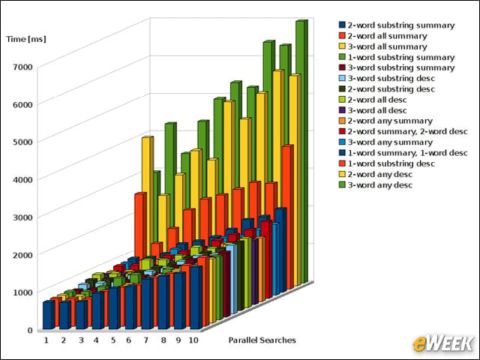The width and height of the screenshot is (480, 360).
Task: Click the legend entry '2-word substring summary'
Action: [x=397, y=25]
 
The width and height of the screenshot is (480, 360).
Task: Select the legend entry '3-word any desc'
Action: [x=376, y=185]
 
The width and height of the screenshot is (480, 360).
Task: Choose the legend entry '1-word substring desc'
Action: [x=387, y=163]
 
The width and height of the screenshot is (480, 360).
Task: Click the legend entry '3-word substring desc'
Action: [x=387, y=78]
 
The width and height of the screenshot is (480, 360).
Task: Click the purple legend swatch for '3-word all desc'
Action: [x=342, y=110]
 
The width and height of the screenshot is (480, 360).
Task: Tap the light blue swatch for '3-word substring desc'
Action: [x=342, y=78]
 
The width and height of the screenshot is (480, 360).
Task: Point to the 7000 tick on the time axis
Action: [x=23, y=67]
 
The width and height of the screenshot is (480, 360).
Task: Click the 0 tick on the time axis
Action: [x=30, y=330]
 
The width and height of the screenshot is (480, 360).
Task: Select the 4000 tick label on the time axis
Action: [x=23, y=179]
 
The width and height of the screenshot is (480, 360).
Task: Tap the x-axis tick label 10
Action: [x=193, y=340]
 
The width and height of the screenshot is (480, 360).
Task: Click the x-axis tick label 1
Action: [x=46, y=340]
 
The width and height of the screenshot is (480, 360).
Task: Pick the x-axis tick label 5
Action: [x=113, y=340]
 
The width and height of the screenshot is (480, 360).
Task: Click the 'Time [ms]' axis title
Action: [x=26, y=39]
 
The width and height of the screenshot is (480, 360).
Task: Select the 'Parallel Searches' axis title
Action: [x=262, y=340]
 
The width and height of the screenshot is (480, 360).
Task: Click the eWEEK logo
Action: [x=442, y=343]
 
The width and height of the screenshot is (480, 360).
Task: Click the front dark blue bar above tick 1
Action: [x=49, y=315]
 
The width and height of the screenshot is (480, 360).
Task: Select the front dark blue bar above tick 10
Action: [x=196, y=298]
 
